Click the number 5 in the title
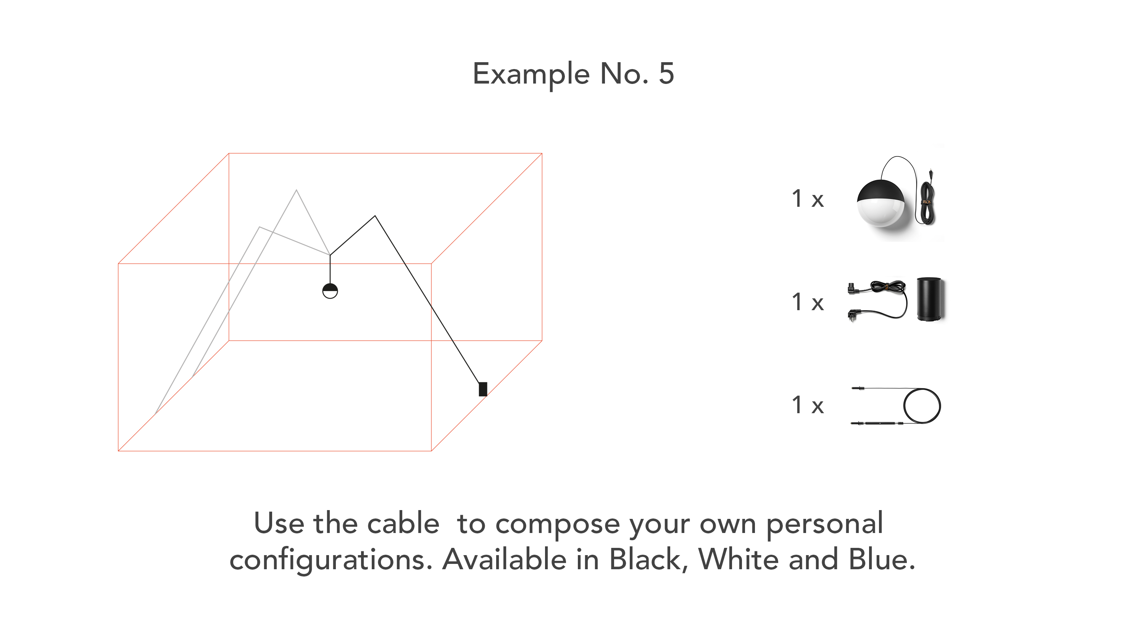click(x=666, y=73)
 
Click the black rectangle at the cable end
click(x=483, y=389)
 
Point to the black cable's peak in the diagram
click(x=375, y=216)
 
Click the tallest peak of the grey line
click(x=297, y=190)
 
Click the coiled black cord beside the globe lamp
click(x=926, y=197)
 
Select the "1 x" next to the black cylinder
click(x=808, y=302)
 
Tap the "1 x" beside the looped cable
click(x=808, y=405)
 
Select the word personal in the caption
click(x=824, y=525)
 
